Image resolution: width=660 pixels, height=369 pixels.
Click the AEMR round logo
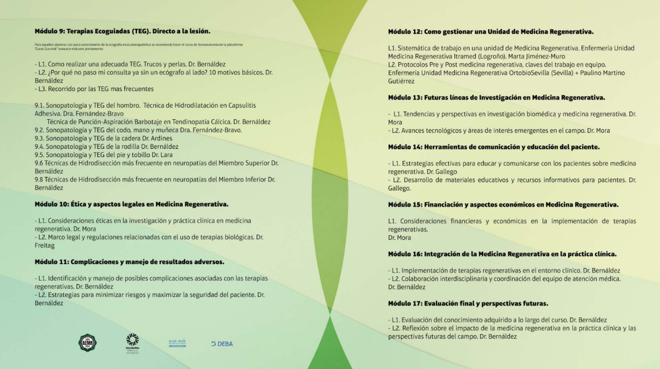(87, 342)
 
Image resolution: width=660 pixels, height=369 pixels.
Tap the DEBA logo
(222, 344)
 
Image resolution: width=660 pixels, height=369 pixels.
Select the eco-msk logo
(177, 343)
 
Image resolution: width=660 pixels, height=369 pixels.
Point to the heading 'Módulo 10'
(131, 204)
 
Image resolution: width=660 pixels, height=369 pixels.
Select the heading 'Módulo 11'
(129, 261)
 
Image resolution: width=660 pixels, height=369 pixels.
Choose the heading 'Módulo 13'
(496, 98)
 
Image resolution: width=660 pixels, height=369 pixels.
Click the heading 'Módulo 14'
(494, 147)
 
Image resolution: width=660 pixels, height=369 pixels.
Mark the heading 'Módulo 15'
(503, 204)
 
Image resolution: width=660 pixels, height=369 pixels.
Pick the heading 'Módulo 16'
(502, 254)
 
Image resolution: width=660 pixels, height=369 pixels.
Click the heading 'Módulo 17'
(468, 304)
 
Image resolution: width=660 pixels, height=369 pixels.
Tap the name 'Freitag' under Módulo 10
(45, 245)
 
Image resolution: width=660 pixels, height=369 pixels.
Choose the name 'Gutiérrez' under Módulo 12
(401, 81)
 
